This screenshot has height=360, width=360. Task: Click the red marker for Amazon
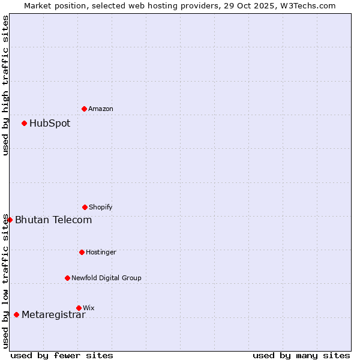[84, 109]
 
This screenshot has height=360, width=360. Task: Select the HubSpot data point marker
[24, 123]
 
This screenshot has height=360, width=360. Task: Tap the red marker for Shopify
[85, 207]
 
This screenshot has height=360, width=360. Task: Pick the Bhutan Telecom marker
[10, 220]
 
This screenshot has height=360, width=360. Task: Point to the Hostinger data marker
[82, 252]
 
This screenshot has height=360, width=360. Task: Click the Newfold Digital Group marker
[67, 278]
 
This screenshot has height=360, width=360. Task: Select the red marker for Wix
[79, 308]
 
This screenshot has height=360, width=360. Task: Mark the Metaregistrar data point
[16, 314]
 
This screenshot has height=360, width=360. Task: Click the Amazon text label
[101, 109]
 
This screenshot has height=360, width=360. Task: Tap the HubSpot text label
[50, 123]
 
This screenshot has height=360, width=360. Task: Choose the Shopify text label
[101, 207]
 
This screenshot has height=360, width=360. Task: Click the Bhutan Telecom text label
[53, 220]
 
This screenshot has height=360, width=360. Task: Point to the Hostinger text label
[101, 252]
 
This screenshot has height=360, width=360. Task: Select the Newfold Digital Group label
[106, 278]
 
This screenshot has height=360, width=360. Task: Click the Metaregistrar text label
[53, 314]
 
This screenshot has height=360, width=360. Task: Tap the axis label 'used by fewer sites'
[62, 355]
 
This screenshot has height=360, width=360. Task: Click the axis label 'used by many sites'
[301, 355]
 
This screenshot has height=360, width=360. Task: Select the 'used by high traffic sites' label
[5, 85]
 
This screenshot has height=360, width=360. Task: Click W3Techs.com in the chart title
[306, 5]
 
